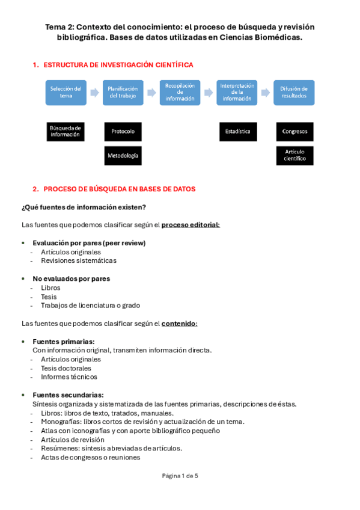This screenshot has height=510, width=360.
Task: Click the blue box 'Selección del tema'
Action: tap(66, 93)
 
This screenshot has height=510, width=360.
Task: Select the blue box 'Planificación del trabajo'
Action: tap(123, 93)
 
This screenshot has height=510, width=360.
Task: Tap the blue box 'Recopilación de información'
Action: tap(180, 93)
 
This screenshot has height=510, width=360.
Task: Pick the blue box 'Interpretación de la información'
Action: tap(237, 93)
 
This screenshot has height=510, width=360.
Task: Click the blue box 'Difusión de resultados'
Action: tap(293, 93)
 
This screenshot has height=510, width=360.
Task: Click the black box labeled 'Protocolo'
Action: tap(123, 131)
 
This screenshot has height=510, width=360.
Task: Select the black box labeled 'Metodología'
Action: tap(123, 155)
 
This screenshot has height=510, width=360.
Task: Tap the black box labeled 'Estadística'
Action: tap(237, 131)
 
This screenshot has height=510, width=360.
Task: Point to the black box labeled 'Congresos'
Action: tap(294, 131)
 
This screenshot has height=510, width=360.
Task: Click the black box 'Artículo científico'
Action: tap(294, 155)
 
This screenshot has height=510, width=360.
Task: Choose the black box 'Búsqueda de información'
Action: tap(66, 131)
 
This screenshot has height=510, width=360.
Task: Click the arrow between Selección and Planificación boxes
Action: tap(94, 93)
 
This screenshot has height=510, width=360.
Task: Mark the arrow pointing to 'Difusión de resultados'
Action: tap(265, 93)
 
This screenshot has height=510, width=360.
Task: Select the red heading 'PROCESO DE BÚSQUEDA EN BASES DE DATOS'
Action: tap(119, 189)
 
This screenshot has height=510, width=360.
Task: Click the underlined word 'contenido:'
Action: tap(179, 324)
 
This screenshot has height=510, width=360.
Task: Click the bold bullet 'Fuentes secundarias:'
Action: tap(68, 395)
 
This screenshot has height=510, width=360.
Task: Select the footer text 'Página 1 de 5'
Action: tap(180, 476)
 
